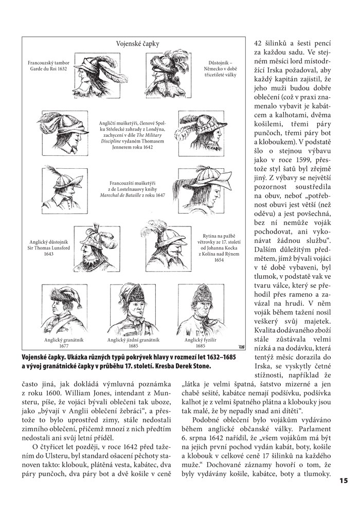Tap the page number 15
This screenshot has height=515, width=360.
pyautogui.click(x=344, y=481)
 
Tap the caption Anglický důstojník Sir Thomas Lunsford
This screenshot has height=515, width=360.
pyautogui.click(x=42, y=247)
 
